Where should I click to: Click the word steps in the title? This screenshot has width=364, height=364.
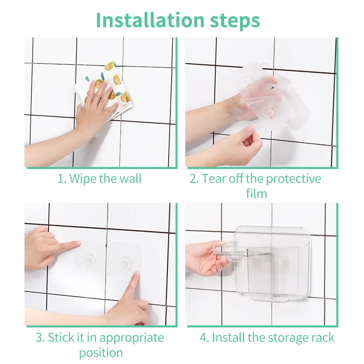point(235,21)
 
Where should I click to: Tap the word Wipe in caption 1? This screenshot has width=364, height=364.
point(83,179)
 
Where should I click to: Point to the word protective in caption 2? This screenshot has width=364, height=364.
point(293,179)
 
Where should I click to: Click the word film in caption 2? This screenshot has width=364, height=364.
point(256,193)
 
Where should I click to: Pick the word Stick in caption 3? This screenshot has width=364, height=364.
point(62,337)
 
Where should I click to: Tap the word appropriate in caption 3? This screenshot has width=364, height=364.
point(132,338)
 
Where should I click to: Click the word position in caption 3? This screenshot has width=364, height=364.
point(101,353)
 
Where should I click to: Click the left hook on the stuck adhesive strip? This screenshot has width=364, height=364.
point(89,261)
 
